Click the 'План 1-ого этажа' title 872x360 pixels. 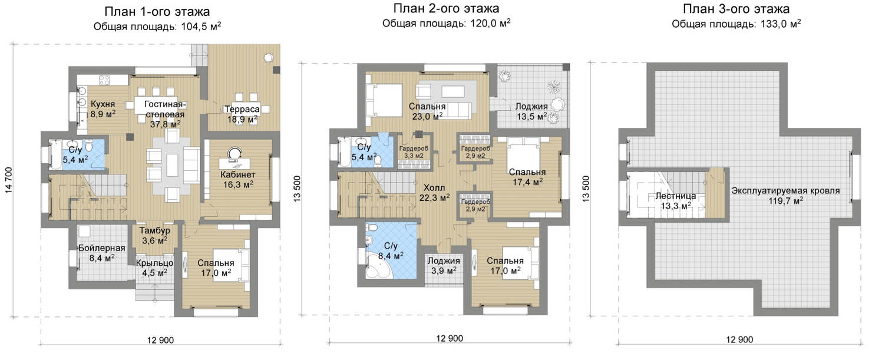tap(157, 12)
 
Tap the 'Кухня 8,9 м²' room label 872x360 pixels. tap(103, 109)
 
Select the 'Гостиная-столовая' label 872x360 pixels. tap(165, 110)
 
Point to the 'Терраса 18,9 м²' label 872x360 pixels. tap(242, 114)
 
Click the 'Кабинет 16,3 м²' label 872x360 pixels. tap(238, 180)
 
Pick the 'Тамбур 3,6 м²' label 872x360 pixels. tap(154, 236)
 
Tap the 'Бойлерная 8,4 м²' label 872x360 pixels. tap(101, 253)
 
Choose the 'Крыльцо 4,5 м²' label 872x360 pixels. tap(154, 267)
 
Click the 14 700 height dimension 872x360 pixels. tap(9, 180)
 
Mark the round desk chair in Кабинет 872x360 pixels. tap(234, 152)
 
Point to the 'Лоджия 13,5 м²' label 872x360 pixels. tap(532, 111)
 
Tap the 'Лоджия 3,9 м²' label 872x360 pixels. tap(444, 265)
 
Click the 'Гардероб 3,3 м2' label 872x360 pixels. tap(414, 152)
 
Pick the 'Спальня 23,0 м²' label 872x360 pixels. tap(427, 111)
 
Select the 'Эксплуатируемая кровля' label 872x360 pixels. tap(785, 191)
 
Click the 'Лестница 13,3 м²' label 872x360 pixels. tap(676, 201)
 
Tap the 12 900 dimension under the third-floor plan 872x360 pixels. tap(739, 339)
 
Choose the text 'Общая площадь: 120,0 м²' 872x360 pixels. tap(446, 24)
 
